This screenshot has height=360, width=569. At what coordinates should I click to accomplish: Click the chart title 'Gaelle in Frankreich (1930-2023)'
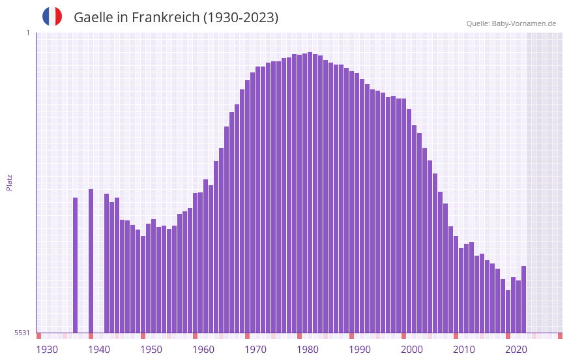pos(176,18)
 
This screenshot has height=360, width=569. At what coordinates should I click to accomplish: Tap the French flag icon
pos(52,16)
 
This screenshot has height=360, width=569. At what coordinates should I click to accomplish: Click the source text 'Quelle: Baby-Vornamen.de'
pos(511,23)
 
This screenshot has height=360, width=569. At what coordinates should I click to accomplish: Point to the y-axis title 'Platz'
pos(9,182)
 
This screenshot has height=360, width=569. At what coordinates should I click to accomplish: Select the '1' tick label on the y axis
pos(27,33)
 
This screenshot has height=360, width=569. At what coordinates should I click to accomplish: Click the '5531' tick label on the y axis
pos(22,333)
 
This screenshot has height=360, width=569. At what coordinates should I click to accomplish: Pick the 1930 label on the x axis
pos(47,350)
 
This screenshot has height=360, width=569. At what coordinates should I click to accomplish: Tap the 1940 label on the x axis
pos(99,350)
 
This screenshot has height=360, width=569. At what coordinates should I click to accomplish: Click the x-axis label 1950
pos(151,350)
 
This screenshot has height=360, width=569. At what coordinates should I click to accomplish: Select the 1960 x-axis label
pos(203,350)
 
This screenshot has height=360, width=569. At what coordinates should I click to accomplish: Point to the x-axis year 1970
pos(255,350)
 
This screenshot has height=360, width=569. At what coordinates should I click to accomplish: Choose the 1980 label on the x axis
pos(308,350)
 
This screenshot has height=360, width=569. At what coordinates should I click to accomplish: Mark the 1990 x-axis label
pos(360,350)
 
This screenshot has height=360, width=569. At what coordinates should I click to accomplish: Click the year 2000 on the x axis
pos(412,350)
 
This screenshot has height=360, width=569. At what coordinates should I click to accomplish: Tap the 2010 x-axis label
pos(464,350)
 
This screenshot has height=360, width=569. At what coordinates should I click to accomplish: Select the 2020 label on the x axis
pos(516,350)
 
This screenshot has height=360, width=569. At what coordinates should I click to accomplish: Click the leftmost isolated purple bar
pos(76,265)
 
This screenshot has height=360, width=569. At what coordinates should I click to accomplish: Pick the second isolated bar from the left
pos(91,261)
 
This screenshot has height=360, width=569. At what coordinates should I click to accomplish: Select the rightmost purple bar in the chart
pos(523,299)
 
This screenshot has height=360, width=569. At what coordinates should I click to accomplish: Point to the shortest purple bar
pos(508,311)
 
